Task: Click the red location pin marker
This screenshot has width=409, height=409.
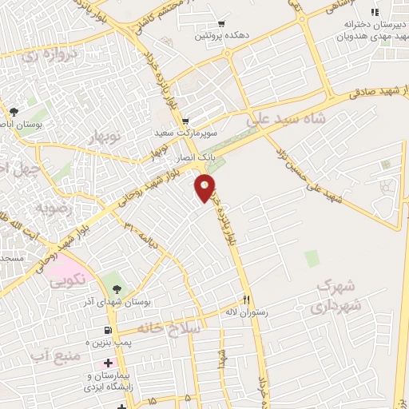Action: tap(205, 188)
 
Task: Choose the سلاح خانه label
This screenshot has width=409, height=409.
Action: tap(165, 328)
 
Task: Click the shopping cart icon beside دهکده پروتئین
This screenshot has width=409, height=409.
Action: tap(220, 24)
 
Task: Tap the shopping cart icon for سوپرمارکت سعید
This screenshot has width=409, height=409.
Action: tap(185, 122)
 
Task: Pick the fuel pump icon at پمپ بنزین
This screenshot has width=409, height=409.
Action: tap(106, 331)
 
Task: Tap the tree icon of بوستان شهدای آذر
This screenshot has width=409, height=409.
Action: tap(118, 288)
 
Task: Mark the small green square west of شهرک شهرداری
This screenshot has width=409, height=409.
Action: tap(311, 258)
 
